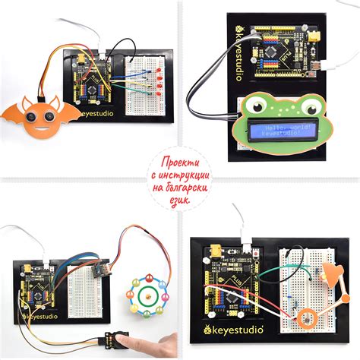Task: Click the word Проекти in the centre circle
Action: pyautogui.click(x=180, y=164)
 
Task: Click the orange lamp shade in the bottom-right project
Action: pyautogui.click(x=330, y=273)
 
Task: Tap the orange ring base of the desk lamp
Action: pyautogui.click(x=307, y=319)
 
